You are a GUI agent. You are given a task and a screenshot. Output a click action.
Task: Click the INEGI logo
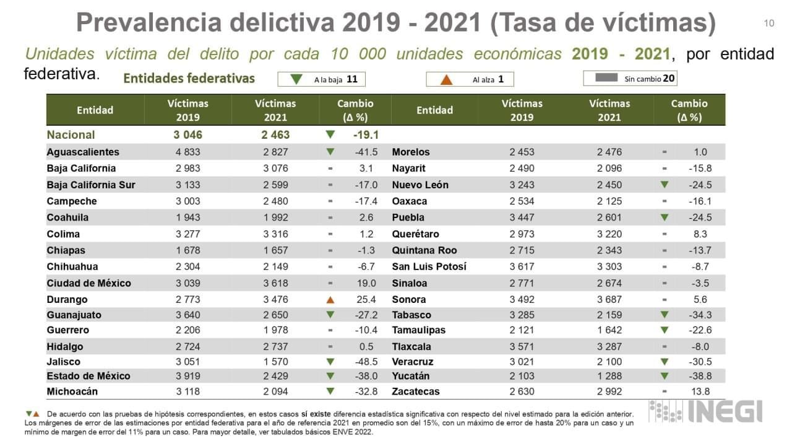pyautogui.click(x=705, y=412)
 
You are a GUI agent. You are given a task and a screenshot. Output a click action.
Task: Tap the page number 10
pyautogui.click(x=769, y=24)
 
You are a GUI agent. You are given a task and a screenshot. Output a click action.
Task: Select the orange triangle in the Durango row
pyautogui.click(x=330, y=300)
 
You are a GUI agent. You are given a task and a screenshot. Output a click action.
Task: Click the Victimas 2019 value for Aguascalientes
pyautogui.click(x=188, y=152)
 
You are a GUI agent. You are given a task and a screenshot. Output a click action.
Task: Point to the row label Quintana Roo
pyautogui.click(x=424, y=250)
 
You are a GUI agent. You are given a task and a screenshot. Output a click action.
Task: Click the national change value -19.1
pyautogui.click(x=366, y=134)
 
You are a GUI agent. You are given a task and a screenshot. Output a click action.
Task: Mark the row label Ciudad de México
pyautogui.click(x=89, y=283)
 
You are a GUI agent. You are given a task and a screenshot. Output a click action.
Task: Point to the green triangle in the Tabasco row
pyautogui.click(x=665, y=315)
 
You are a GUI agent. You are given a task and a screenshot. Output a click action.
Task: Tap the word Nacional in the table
pyautogui.click(x=71, y=134)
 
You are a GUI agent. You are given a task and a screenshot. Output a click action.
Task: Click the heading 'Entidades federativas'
pyautogui.click(x=189, y=79)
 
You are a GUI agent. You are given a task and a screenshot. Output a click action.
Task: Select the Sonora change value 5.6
pyautogui.click(x=701, y=300)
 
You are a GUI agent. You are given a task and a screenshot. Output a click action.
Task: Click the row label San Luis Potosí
pyautogui.click(x=429, y=266)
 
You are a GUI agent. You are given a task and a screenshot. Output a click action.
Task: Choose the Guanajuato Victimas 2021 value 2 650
pyautogui.click(x=275, y=315)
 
